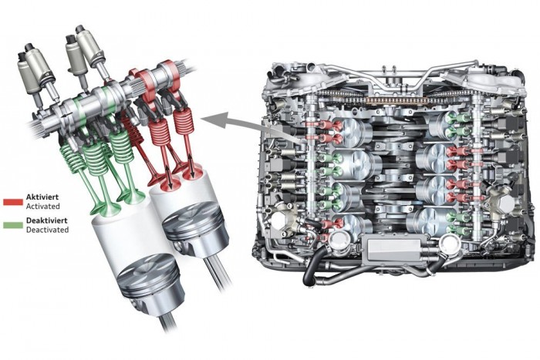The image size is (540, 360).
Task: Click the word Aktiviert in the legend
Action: pyautogui.click(x=42, y=197)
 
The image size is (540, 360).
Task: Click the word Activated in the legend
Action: pyautogui.click(x=43, y=206)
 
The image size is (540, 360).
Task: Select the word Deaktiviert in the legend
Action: pyautogui.click(x=47, y=220)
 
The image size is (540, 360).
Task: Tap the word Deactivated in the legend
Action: pyautogui.click(x=48, y=230)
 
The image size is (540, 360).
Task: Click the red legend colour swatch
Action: pyautogui.click(x=13, y=202)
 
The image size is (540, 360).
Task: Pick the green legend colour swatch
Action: pyautogui.click(x=13, y=225)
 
